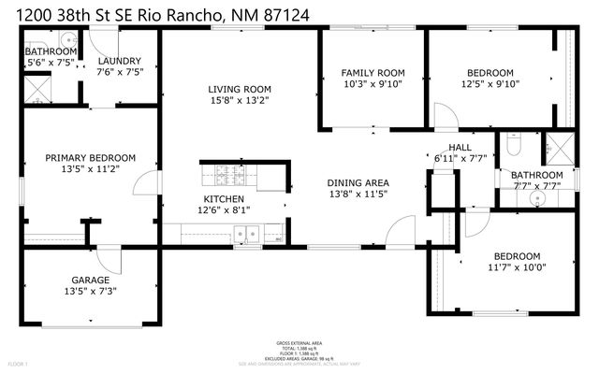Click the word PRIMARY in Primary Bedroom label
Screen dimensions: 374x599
tap(65, 158)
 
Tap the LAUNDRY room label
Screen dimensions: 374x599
tap(119, 61)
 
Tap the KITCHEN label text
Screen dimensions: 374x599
tap(225, 199)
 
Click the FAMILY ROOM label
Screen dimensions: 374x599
tap(373, 72)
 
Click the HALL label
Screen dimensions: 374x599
tap(460, 147)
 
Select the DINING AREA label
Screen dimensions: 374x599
tap(358, 182)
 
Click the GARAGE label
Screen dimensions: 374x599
tap(91, 280)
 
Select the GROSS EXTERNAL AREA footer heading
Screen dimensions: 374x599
tap(299, 343)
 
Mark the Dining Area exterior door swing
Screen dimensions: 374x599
tap(403, 229)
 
